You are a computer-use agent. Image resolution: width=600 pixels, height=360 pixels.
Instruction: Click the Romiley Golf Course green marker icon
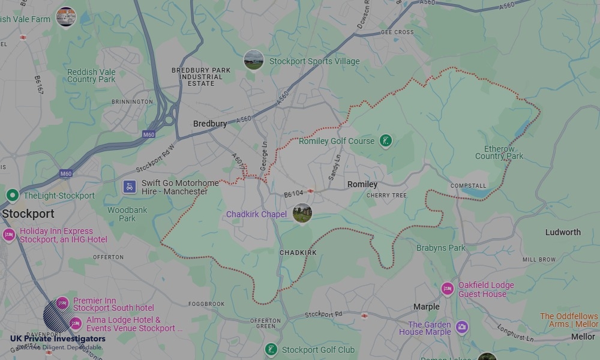click(386, 141)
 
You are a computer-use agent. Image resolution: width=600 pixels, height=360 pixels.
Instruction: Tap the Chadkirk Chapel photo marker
click(302, 213)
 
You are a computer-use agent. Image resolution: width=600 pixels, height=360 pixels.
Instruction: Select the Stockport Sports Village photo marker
click(254, 60)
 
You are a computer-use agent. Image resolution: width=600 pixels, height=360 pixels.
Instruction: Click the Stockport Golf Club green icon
click(272, 350)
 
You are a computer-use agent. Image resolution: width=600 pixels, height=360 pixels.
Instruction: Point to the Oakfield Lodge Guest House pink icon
click(447, 289)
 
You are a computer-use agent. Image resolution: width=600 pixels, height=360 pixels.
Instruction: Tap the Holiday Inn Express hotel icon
click(8, 235)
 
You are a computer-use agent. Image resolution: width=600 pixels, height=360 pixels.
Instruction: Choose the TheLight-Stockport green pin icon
click(12, 196)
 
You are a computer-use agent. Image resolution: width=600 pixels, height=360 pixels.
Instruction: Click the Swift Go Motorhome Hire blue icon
click(129, 187)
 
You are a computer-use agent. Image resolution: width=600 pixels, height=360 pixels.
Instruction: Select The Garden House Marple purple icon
click(461, 327)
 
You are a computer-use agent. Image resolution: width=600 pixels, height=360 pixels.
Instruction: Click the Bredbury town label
click(210, 124)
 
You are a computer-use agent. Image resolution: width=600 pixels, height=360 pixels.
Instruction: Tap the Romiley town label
click(362, 184)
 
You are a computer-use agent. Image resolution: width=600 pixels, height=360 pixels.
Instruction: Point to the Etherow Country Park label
click(499, 152)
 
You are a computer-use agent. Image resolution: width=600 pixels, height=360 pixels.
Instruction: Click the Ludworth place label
click(563, 232)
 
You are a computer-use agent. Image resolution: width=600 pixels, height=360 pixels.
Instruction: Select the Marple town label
click(427, 307)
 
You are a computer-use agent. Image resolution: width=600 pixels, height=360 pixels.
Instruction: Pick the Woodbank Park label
click(127, 214)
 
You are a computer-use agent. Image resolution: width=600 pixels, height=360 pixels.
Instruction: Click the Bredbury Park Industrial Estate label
click(201, 77)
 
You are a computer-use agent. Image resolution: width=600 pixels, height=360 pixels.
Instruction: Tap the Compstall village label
click(469, 185)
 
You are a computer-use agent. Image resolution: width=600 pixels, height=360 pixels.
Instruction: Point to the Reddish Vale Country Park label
click(91, 76)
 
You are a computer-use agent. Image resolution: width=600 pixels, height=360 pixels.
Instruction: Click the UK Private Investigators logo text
click(58, 339)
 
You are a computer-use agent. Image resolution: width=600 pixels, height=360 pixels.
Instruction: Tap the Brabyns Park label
click(441, 248)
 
